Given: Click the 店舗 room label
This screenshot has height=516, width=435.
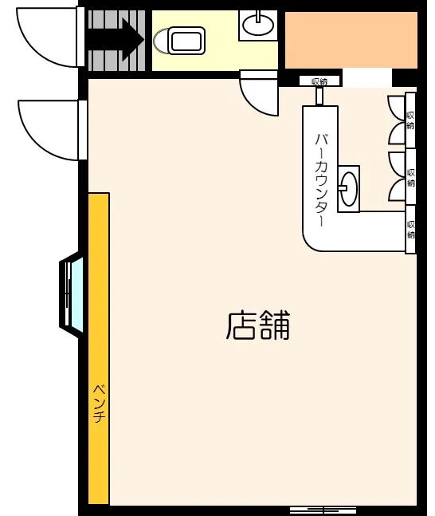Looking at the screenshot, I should [258, 325].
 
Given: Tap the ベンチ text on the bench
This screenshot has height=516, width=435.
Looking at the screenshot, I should [99, 404].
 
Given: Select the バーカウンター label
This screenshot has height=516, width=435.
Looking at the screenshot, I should [322, 179].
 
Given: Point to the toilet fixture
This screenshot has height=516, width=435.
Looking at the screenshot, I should [181, 40].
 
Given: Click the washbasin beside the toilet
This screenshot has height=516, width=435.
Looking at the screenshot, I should [258, 26].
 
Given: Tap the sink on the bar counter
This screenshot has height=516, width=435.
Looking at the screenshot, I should [348, 189].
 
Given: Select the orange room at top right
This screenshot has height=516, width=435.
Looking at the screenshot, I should [351, 40].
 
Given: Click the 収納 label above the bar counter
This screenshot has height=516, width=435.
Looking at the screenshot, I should [319, 81].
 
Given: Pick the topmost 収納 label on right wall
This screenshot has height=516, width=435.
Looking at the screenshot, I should [410, 120].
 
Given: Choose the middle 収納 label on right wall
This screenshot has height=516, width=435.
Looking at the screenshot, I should [411, 177].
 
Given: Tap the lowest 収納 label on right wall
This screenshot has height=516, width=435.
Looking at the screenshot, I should [411, 229].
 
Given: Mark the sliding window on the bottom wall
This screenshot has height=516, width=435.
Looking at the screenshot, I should [323, 510].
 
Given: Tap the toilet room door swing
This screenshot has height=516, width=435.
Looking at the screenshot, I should [258, 94].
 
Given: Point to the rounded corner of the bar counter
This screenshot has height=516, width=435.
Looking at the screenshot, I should [314, 238].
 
